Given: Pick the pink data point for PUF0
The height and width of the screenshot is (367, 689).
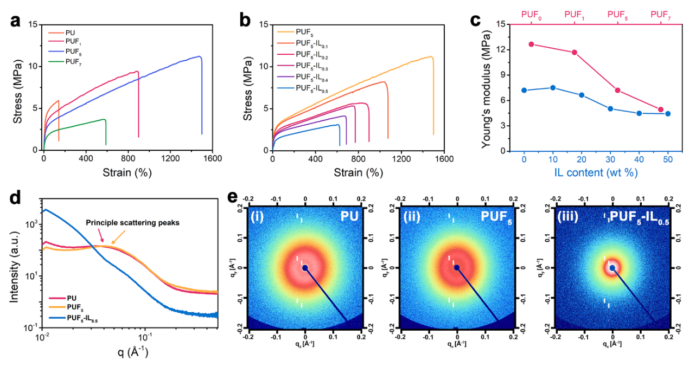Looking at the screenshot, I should [531, 44].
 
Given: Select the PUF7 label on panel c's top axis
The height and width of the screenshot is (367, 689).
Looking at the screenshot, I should [660, 15].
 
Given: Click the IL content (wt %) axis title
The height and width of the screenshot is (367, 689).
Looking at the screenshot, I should [596, 172].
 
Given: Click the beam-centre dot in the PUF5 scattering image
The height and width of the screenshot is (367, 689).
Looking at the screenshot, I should [457, 268].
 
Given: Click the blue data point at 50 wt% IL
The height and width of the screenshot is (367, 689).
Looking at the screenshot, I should [668, 114].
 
